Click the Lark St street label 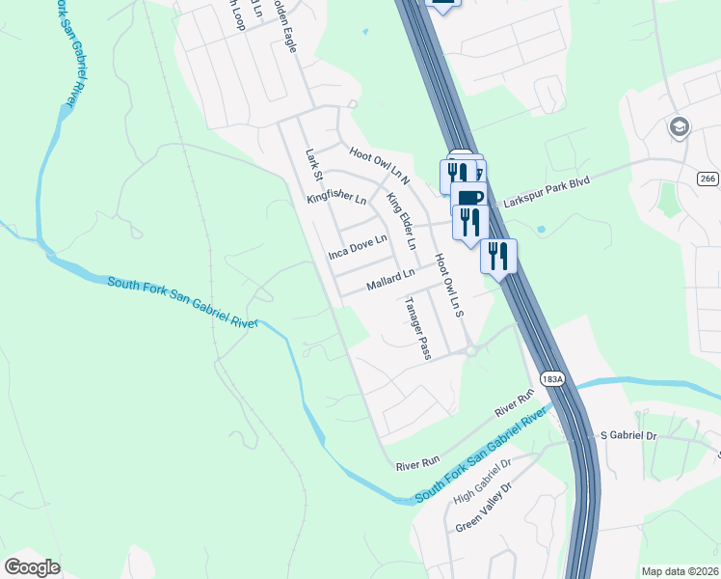pyautogui.click(x=311, y=161)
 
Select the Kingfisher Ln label pyautogui.click(x=336, y=200)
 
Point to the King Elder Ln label pyautogui.click(x=401, y=222)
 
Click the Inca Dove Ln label pyautogui.click(x=357, y=247)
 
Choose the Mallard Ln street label pyautogui.click(x=390, y=280)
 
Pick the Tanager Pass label pyautogui.click(x=417, y=328)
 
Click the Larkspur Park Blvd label pyautogui.click(x=545, y=190)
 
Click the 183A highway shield pyautogui.click(x=551, y=379)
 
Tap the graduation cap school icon pyautogui.click(x=680, y=126)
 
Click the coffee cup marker pyautogui.click(x=469, y=199)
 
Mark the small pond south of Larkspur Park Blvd pyautogui.click(x=541, y=230)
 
